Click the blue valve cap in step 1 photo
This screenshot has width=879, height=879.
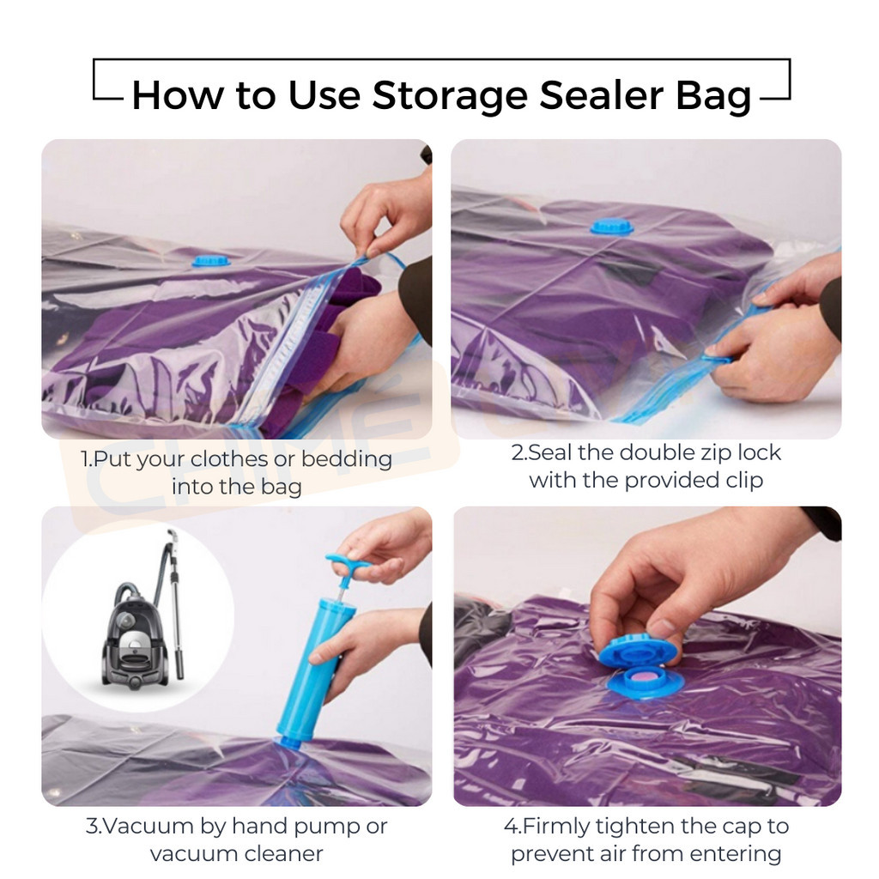(211, 260)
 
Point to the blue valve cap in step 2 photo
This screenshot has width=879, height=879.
(611, 227)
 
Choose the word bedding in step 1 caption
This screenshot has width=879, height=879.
(347, 459)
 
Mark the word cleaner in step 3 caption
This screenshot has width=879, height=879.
(283, 854)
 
